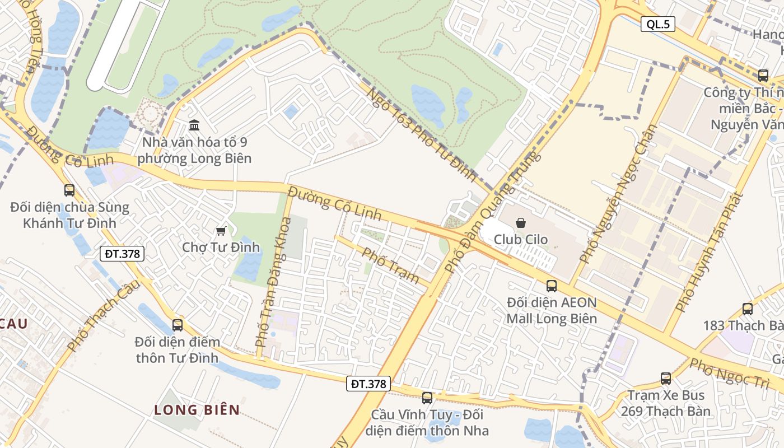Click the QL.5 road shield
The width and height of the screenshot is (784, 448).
[x=657, y=24]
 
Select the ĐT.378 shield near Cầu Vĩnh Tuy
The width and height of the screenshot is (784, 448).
[x=368, y=384]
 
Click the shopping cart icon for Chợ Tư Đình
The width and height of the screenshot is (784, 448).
[x=221, y=231]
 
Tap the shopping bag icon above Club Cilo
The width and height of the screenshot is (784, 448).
[x=521, y=223]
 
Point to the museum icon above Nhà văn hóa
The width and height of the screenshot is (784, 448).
[x=194, y=125]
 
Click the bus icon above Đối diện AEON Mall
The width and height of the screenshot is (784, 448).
[x=552, y=286]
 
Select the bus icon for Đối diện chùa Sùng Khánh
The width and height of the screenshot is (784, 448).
[x=69, y=190]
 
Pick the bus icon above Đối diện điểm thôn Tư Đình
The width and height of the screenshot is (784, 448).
[x=178, y=325]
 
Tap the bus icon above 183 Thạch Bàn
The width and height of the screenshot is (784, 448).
[x=748, y=309]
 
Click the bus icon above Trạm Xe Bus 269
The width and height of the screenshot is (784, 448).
[x=665, y=379]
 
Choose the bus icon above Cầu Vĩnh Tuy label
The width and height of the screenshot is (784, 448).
[x=427, y=398]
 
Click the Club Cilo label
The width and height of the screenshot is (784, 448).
[x=521, y=240]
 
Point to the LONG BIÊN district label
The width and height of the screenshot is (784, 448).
[x=197, y=410]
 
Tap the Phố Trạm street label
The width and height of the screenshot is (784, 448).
[x=391, y=265]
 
